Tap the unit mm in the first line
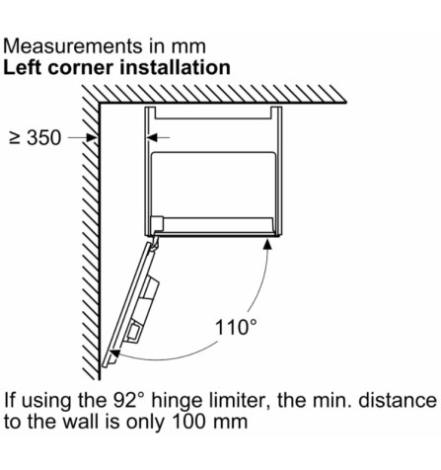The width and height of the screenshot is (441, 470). click(x=188, y=47)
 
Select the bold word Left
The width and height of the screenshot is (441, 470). click(x=23, y=67)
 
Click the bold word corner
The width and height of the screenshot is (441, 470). click(x=81, y=69)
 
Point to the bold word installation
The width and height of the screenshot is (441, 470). click(x=175, y=67)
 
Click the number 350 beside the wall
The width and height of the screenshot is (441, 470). click(x=43, y=137)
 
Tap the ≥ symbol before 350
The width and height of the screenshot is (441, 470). click(x=15, y=138)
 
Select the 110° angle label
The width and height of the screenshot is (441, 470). click(x=236, y=328)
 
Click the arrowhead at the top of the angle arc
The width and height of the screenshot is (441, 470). click(x=268, y=244)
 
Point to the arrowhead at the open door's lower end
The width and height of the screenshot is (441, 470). click(x=114, y=354)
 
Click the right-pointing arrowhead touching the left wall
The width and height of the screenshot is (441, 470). click(x=92, y=137)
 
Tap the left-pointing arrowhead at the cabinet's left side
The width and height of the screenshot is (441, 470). click(x=152, y=137)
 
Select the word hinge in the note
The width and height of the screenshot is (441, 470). click(x=176, y=402)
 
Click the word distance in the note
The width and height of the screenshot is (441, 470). click(x=398, y=401)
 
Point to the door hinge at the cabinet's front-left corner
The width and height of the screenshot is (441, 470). click(x=154, y=242)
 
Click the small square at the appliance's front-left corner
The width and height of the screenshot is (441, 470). click(x=157, y=223)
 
